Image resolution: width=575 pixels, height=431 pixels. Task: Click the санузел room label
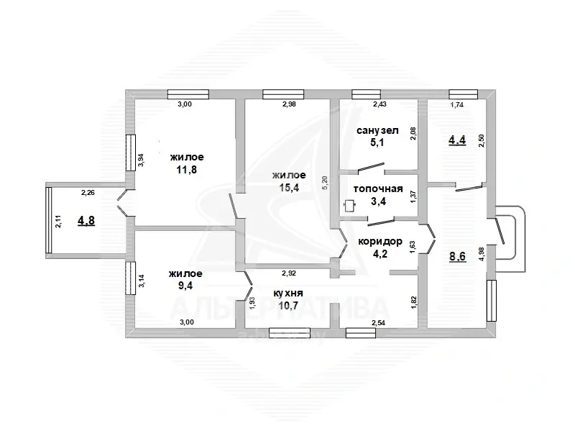(377, 130)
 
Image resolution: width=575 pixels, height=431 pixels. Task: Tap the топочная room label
(378, 189)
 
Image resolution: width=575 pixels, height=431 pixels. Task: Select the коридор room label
(380, 242)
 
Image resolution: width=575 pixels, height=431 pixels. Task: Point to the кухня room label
(288, 293)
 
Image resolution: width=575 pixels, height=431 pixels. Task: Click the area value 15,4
(289, 188)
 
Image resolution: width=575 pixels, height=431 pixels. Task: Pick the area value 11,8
(187, 170)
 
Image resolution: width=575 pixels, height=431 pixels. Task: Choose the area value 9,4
(185, 286)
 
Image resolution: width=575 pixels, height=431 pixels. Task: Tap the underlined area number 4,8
(86, 221)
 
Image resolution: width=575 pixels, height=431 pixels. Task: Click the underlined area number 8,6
(457, 256)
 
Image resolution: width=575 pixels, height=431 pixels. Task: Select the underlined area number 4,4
(457, 140)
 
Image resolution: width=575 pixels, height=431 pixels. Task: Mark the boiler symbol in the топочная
(350, 206)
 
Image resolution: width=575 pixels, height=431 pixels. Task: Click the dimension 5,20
(324, 182)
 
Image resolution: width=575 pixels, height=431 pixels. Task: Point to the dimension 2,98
(289, 104)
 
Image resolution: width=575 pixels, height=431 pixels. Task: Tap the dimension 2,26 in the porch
(88, 192)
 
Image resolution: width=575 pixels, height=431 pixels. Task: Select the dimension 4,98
(482, 254)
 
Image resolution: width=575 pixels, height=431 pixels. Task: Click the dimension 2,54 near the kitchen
(379, 323)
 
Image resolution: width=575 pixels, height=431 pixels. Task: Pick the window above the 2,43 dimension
(361, 94)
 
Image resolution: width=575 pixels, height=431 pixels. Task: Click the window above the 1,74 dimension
(464, 94)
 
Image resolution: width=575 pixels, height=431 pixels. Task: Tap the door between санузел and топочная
(371, 168)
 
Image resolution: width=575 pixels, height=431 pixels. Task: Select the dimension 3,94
(141, 160)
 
